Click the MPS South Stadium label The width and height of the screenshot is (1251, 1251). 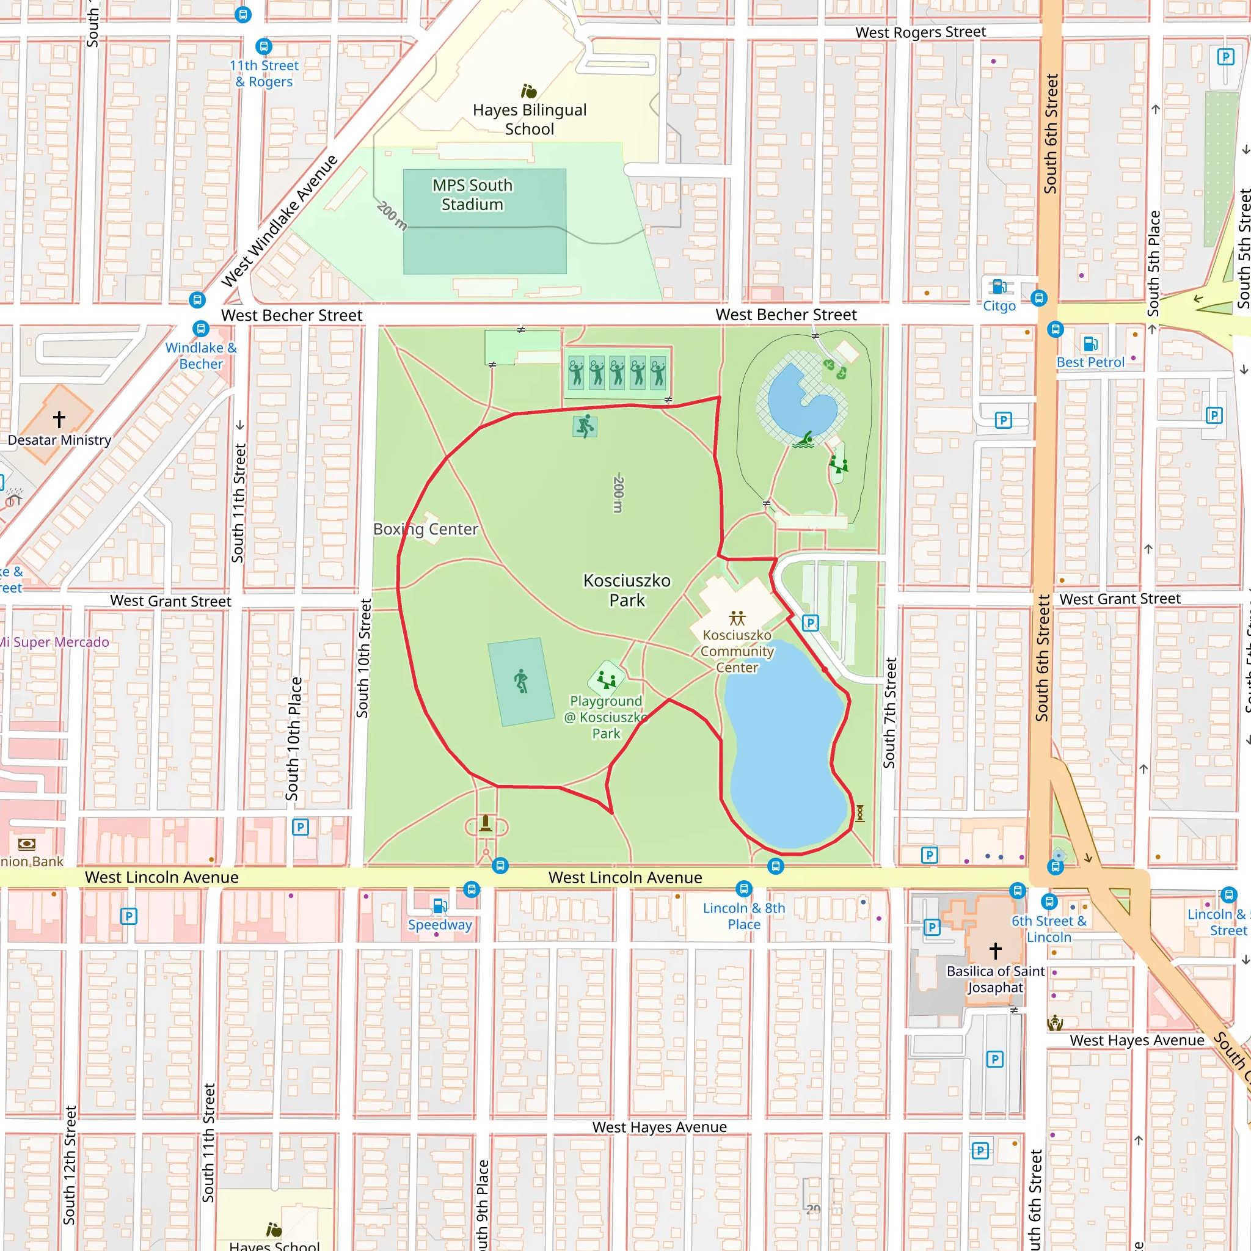[x=472, y=195]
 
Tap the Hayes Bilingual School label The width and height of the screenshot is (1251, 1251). [x=529, y=119]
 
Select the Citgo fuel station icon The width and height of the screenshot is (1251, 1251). [x=999, y=286]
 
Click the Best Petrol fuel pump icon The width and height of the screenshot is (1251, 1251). [x=1090, y=343]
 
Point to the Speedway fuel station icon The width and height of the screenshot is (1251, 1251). [x=440, y=905]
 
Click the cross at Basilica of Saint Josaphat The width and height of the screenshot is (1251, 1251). [x=995, y=950]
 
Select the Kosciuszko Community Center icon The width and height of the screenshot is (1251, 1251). [x=737, y=618]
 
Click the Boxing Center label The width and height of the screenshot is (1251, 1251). [x=425, y=529]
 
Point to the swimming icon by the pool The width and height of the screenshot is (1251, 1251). [x=805, y=440]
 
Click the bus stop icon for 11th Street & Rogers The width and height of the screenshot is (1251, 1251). [x=263, y=46]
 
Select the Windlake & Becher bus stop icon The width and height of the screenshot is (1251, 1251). [x=201, y=328]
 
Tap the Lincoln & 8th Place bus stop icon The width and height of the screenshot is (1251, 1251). [x=744, y=888]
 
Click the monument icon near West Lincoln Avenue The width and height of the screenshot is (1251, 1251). [x=486, y=823]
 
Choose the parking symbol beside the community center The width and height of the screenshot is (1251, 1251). [x=810, y=623]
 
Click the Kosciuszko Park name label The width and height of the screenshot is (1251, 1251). [x=626, y=590]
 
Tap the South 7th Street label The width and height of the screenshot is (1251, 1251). [x=889, y=713]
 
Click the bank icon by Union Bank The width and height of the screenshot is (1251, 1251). [x=26, y=844]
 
